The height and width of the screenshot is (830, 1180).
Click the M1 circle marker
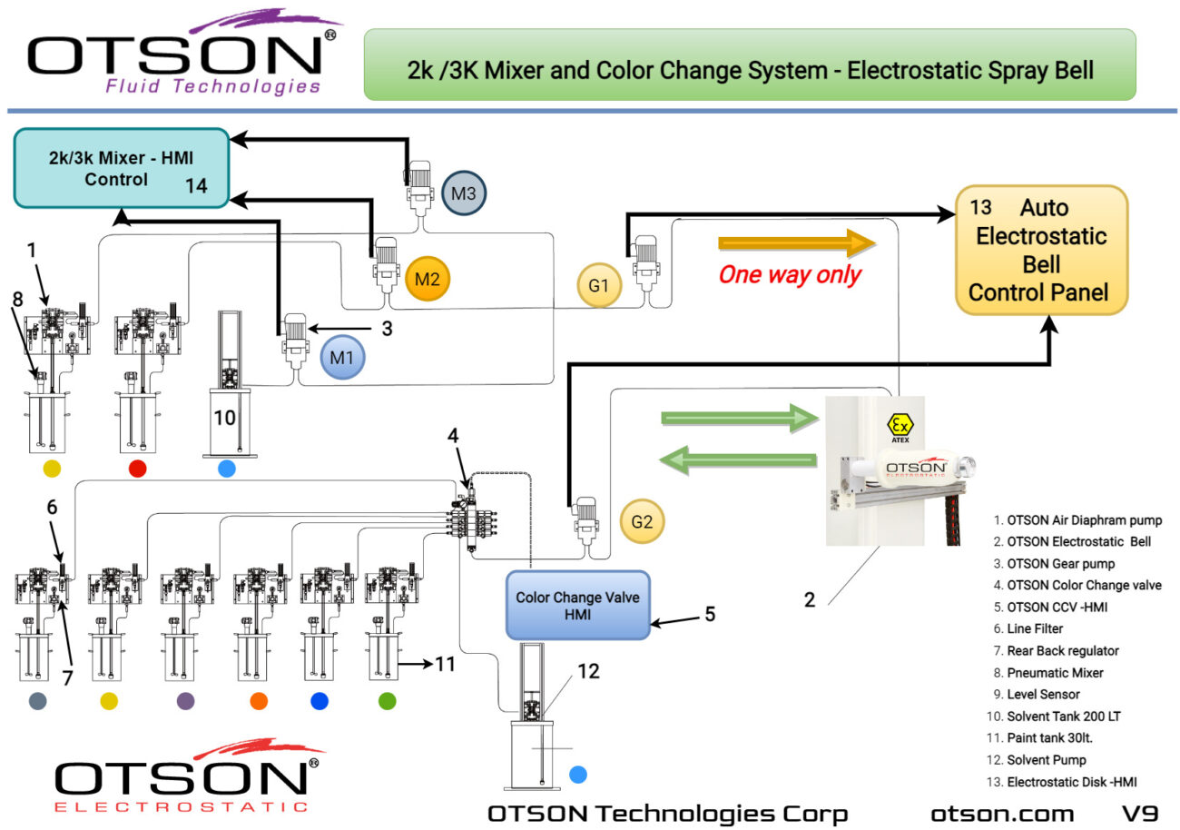point(342,358)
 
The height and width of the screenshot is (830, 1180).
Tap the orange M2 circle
point(427,279)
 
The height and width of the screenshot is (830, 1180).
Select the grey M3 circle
point(464,193)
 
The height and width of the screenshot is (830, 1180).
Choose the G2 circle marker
point(642,522)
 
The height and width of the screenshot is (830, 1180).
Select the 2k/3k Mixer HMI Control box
point(121,168)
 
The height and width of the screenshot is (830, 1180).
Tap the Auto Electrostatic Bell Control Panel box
point(1042,251)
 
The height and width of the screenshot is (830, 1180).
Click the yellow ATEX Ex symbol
point(899,425)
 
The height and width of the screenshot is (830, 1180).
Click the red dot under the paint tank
point(137,469)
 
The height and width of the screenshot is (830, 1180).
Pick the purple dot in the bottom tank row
point(185,701)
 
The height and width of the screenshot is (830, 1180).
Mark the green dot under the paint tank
point(388,701)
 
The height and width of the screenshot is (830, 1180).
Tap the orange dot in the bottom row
point(259,701)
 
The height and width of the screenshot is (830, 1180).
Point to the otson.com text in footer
point(1002,814)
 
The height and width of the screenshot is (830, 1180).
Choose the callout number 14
point(196,185)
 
